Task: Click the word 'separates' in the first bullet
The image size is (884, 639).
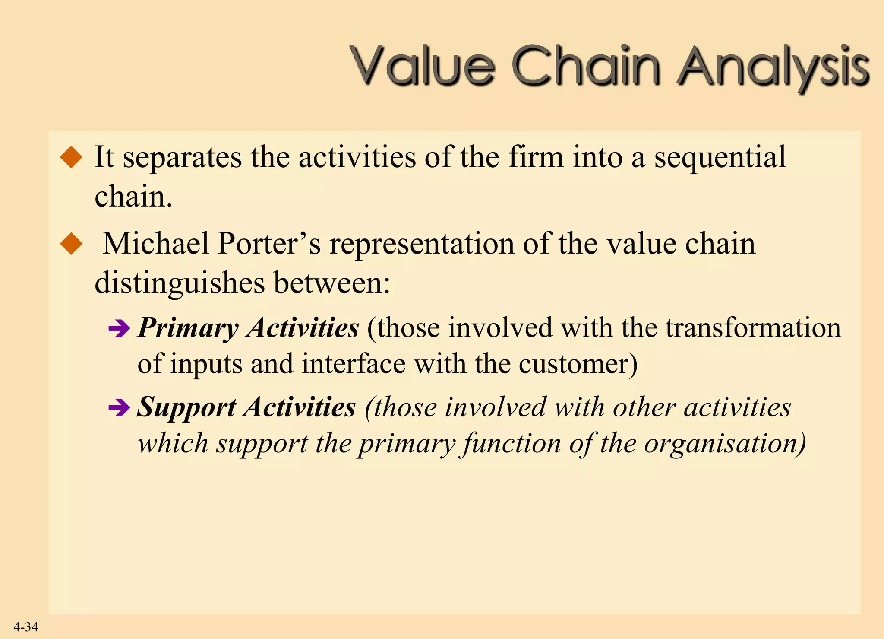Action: [x=182, y=158]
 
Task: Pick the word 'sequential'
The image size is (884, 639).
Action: [x=720, y=158]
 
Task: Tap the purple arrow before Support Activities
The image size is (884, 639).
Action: [x=119, y=408]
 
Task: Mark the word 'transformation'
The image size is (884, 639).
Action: [x=753, y=328]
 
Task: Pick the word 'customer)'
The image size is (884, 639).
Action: [x=578, y=364]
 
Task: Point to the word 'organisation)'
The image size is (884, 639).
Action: [x=725, y=444]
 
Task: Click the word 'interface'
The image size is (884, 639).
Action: [x=354, y=364]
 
